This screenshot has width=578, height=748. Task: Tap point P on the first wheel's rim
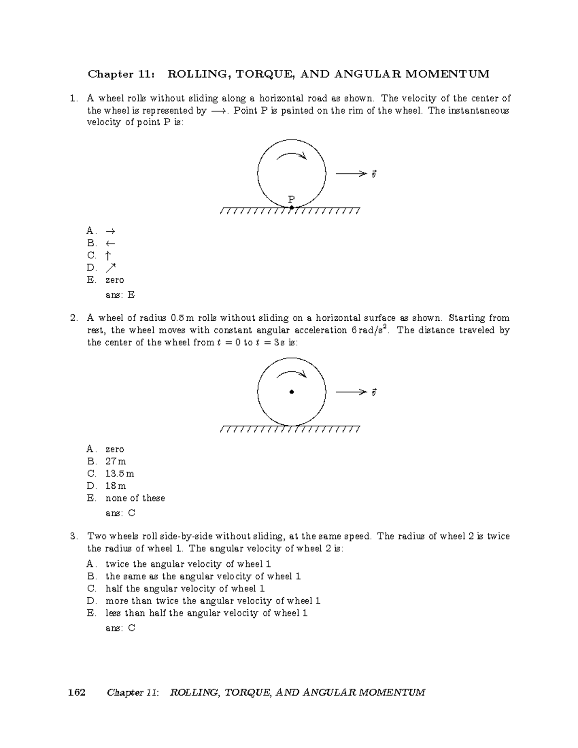[291, 208]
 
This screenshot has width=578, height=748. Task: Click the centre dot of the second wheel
[291, 392]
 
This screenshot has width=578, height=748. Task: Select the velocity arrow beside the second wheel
[351, 393]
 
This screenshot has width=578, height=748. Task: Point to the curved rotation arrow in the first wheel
[291, 156]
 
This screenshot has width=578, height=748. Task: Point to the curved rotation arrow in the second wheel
[291, 374]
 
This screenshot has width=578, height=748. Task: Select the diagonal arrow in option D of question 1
[111, 267]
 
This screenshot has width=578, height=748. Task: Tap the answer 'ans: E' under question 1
[120, 295]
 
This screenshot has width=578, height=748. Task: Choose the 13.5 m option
[120, 474]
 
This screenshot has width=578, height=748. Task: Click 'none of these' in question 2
[135, 498]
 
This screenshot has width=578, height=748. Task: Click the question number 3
[74, 536]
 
